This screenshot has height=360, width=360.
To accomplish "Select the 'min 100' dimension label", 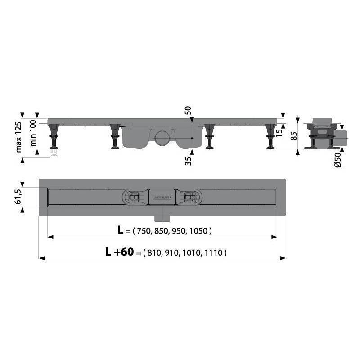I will coord(32,133).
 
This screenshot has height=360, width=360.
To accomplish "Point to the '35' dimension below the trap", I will coord(189,160).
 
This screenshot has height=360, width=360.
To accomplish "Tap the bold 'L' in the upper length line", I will coord(120,230).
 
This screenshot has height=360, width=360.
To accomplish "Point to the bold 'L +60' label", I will coord(120,252).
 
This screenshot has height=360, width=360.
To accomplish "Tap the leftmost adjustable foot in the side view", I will coord(55,137).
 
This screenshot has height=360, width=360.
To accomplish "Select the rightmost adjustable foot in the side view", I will coord(270,137).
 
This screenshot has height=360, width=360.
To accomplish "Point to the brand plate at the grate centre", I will coord(162,197).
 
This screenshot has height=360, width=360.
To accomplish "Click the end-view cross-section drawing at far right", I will coord(324,135).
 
